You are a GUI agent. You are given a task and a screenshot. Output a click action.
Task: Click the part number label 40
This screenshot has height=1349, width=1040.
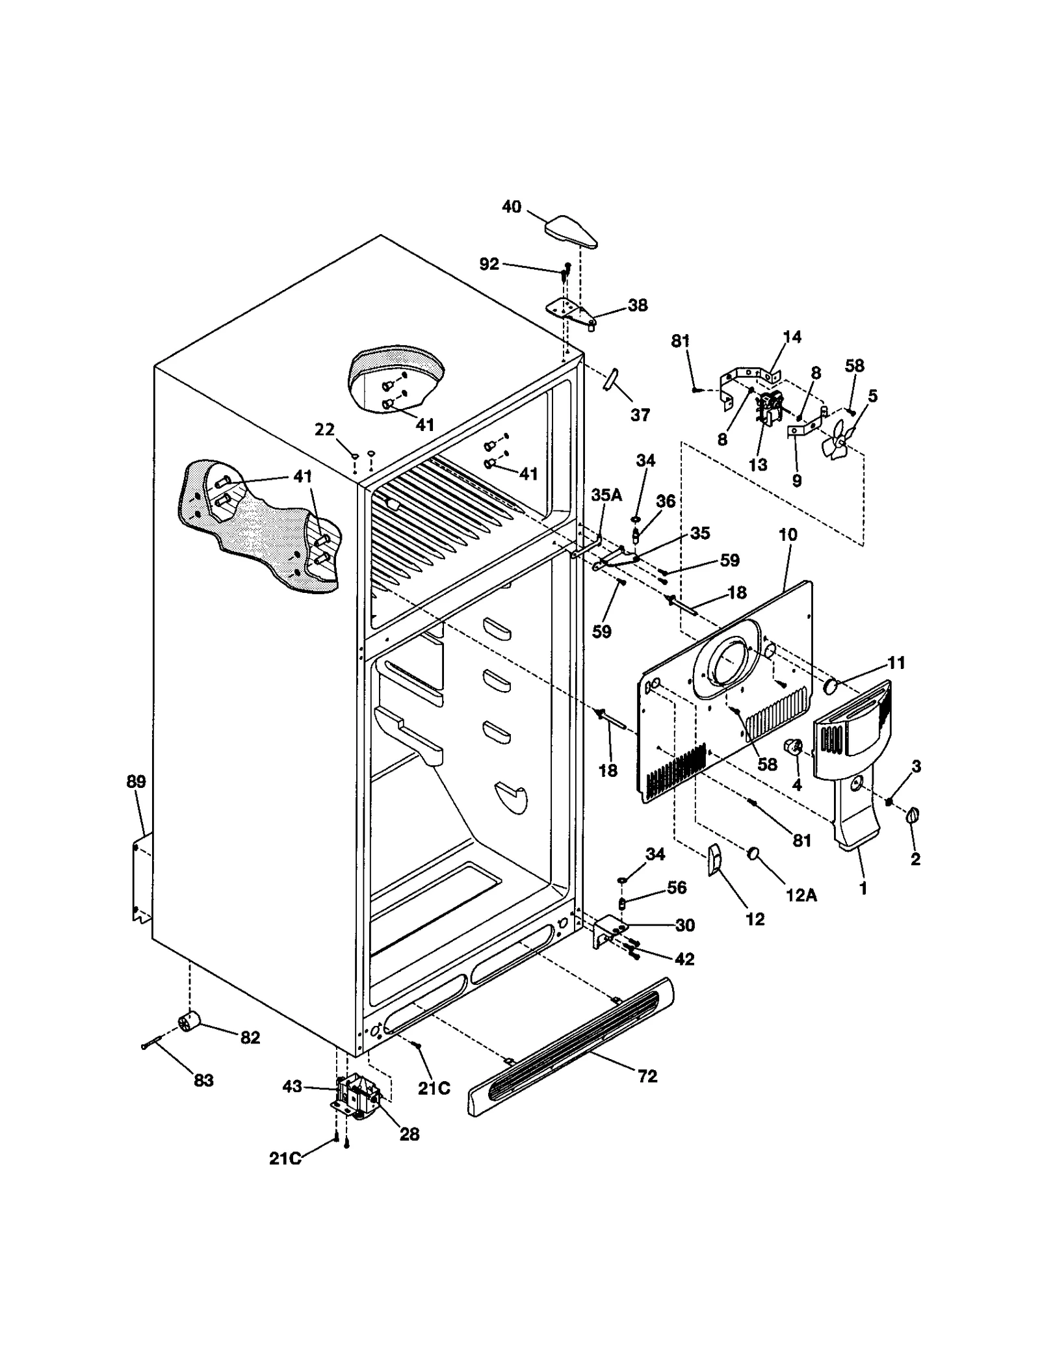coord(511,207)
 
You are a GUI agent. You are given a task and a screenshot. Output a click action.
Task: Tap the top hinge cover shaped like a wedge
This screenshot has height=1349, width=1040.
coord(571,233)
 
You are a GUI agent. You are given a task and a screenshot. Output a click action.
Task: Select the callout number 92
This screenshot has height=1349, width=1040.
coord(489,263)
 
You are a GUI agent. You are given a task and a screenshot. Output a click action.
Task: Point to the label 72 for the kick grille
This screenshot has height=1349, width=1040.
coord(647,1077)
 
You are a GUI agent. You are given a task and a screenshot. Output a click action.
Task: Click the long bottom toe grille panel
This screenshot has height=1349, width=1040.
coord(571,1048)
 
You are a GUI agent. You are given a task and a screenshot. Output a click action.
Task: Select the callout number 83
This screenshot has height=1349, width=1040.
coord(203,1081)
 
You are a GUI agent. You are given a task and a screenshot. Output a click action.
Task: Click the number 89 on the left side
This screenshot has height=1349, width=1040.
coord(136,781)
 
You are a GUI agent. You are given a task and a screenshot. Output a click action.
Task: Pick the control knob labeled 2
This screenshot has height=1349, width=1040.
coord(913,815)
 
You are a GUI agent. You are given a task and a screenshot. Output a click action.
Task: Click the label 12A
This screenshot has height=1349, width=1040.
coord(801,895)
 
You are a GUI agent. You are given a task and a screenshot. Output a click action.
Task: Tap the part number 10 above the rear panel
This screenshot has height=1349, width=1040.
coord(787,534)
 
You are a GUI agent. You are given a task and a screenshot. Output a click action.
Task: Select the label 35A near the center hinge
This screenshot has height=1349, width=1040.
coord(606,495)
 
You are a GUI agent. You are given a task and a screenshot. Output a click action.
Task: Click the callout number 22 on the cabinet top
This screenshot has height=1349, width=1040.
coord(324,429)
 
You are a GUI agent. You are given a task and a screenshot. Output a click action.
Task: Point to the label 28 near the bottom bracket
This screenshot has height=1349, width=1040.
coord(409,1134)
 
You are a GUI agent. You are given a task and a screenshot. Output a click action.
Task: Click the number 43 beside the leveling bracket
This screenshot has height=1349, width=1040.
coord(292,1086)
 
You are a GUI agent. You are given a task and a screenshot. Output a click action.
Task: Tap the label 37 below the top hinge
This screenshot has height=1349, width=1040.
coord(640,415)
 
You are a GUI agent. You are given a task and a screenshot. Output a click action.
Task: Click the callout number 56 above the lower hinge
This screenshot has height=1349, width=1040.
coord(677,887)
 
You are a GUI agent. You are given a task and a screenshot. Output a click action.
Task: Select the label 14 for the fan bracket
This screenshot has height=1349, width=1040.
coord(792,337)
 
